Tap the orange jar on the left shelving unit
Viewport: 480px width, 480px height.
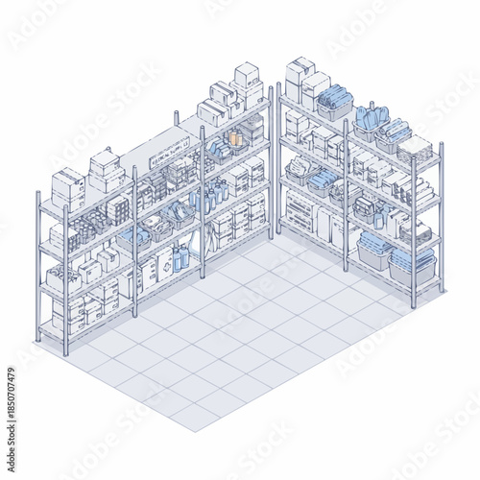[x=235, y=137]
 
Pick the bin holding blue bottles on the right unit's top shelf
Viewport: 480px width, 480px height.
[x=369, y=121]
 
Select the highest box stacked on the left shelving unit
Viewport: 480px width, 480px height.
[x=247, y=74]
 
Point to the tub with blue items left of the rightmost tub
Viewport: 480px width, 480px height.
[x=374, y=252]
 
